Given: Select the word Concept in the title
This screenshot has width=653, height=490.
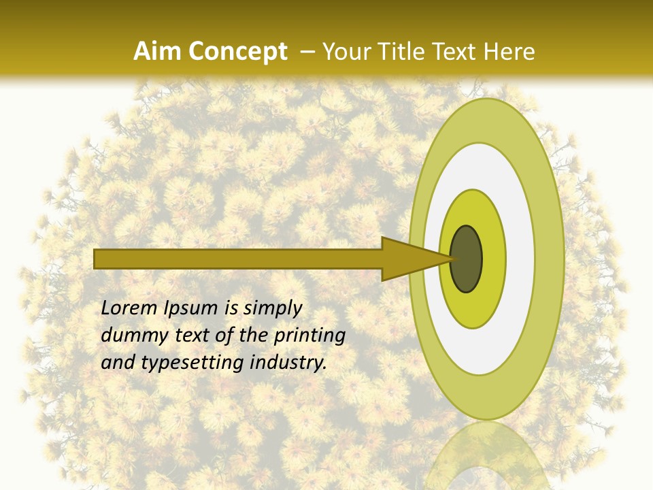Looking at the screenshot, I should click(x=237, y=52).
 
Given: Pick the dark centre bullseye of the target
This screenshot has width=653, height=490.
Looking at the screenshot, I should click(x=467, y=259).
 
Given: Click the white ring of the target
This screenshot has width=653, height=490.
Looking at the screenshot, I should click(x=520, y=259).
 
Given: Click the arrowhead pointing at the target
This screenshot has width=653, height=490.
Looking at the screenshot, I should click(x=408, y=259).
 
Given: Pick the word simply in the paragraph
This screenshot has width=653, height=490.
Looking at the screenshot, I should click(x=272, y=309).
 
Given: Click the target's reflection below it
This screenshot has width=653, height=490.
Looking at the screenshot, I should click(x=486, y=456).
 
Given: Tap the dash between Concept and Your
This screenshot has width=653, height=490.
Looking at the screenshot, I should click(x=307, y=52).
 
